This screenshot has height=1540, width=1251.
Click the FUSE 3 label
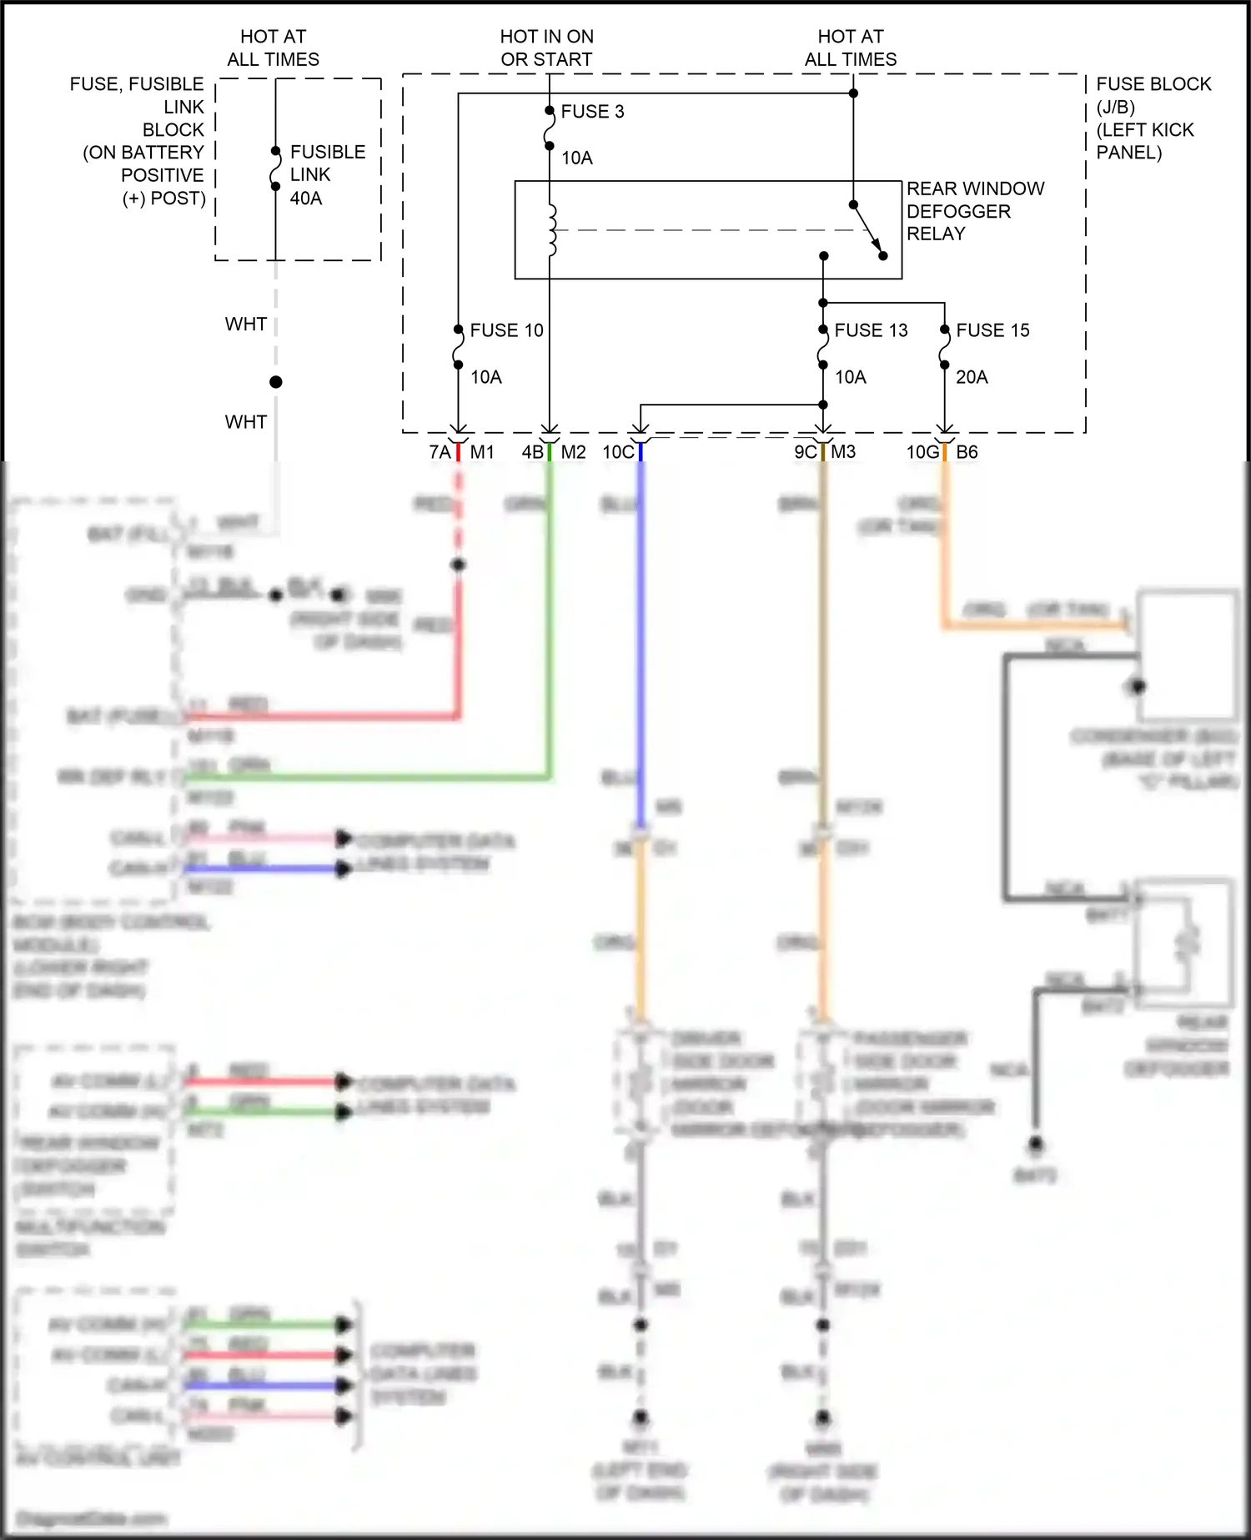click(x=592, y=112)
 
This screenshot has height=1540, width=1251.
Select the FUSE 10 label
click(x=506, y=330)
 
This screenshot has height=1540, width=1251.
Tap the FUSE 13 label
click(x=871, y=330)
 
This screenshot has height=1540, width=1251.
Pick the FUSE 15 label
click(x=992, y=330)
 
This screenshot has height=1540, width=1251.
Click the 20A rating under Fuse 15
click(x=972, y=377)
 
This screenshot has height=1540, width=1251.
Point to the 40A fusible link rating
click(x=306, y=199)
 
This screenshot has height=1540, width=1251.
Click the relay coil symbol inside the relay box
click(x=551, y=230)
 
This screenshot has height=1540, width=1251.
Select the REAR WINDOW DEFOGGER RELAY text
click(x=974, y=211)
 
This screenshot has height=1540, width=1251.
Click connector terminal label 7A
click(x=440, y=452)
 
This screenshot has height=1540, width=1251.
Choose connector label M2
click(x=573, y=452)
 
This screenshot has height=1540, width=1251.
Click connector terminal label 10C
click(x=618, y=452)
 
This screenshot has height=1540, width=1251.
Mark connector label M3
click(x=843, y=452)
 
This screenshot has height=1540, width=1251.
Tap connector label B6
click(x=967, y=452)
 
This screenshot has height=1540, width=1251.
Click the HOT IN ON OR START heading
click(x=546, y=48)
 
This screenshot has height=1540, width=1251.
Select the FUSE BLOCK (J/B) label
click(x=1153, y=95)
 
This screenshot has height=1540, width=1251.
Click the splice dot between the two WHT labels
click(x=276, y=382)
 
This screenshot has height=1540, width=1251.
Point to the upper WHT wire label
click(x=246, y=325)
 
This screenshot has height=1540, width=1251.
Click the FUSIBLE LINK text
click(x=327, y=164)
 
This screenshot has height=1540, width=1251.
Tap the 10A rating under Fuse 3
click(x=576, y=159)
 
